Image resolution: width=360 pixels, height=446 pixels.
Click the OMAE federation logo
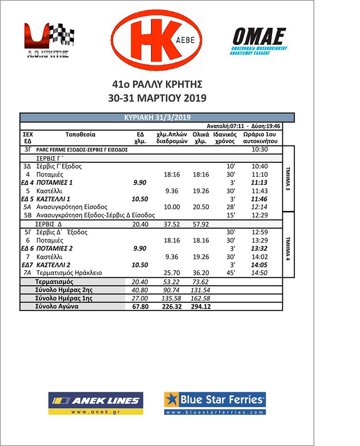pos(259,41)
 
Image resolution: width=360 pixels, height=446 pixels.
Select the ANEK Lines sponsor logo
pos(96,403)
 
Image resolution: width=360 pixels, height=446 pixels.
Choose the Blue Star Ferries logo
pos(215,403)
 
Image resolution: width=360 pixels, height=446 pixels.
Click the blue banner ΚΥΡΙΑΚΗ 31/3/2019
pos(157,118)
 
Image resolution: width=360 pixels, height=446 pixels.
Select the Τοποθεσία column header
pos(80,135)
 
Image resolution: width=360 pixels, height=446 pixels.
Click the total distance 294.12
pos(200,307)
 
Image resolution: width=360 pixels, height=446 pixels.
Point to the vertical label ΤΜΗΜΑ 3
pos(288,179)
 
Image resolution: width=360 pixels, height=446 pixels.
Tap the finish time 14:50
pos(259,273)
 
